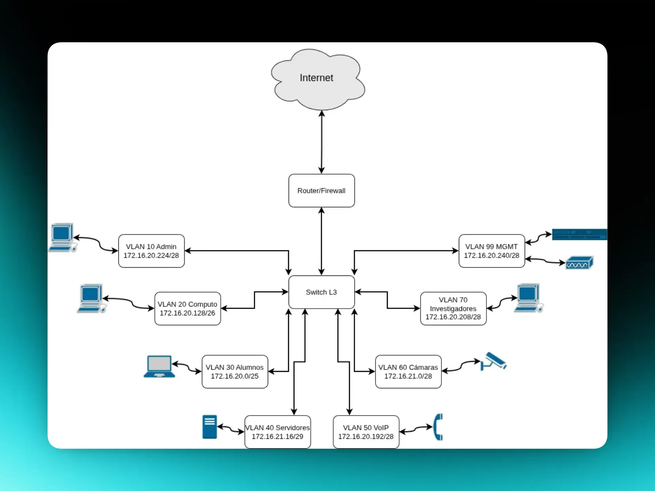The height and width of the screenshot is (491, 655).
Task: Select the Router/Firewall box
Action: (x=321, y=191)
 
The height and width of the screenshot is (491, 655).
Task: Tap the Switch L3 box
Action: (x=321, y=292)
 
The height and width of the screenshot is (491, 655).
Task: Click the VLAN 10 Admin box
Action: (x=151, y=251)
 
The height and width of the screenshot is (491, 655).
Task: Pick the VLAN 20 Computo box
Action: (x=187, y=309)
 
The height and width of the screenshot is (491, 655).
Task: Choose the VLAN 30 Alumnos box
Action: (x=235, y=372)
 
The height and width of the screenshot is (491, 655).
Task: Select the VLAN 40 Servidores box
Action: (x=278, y=432)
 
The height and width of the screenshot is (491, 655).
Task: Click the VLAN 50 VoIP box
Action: (x=366, y=432)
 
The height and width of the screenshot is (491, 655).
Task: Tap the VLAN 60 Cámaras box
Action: (x=408, y=372)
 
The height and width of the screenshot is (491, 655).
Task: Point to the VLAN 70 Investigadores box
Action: (x=453, y=309)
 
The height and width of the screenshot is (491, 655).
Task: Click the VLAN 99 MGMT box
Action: (x=492, y=251)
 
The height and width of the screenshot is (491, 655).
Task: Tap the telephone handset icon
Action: (x=438, y=427)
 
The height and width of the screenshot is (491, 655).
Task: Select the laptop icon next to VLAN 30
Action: (x=159, y=367)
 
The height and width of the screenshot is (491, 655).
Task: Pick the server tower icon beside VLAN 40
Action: (x=209, y=427)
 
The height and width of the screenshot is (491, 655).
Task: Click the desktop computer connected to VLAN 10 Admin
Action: (x=63, y=238)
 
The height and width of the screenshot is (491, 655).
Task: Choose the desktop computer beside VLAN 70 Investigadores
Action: (x=529, y=298)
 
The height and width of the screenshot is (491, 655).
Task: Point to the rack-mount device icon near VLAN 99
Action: (x=580, y=235)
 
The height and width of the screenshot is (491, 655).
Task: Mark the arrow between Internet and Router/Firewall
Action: (x=321, y=142)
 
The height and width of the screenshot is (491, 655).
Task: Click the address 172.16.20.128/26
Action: (x=187, y=313)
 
